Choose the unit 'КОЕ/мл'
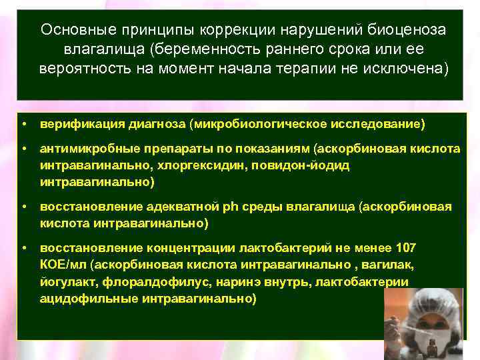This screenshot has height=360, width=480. (61, 265)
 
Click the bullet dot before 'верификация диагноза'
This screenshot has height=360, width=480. (23, 124)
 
